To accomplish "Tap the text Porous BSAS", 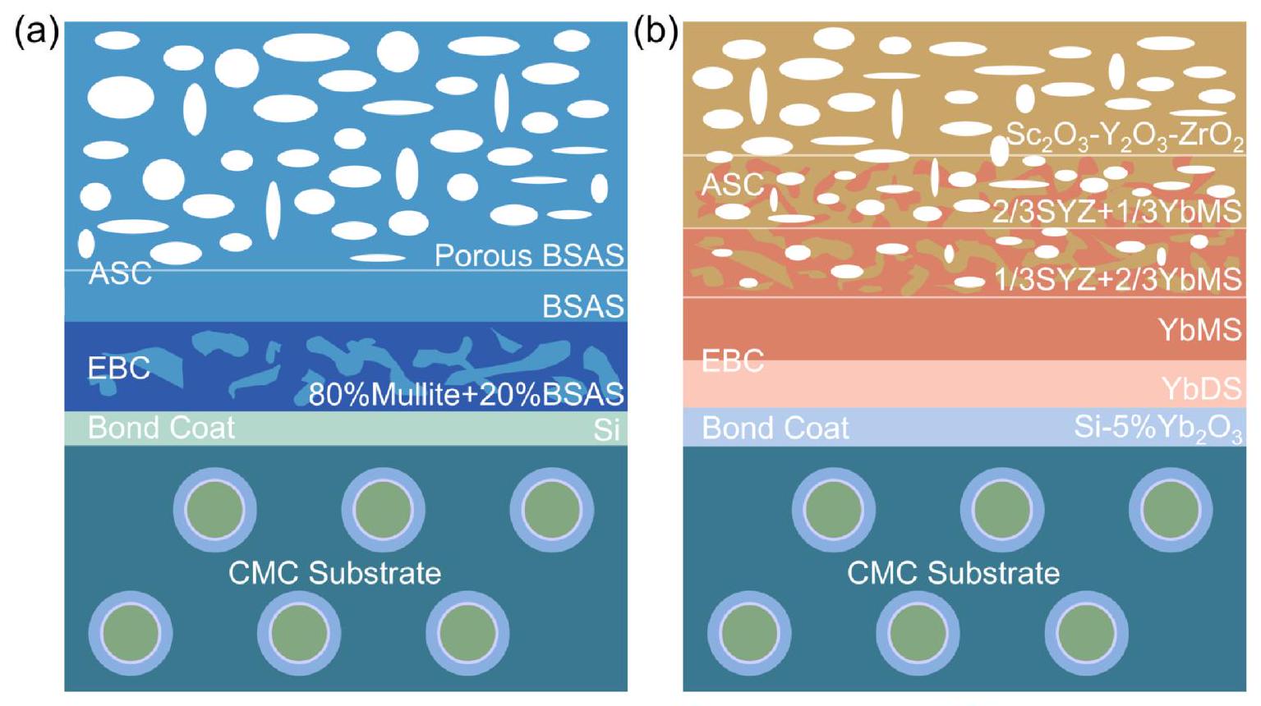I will point(529,256).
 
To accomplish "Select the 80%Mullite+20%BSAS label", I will point(466,395).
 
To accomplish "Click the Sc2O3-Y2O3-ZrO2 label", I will point(1124,135).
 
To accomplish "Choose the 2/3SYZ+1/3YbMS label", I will point(1116,212).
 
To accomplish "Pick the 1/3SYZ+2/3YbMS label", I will point(1117,280).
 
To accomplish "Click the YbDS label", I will point(1201,388).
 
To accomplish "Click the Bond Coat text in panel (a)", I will point(161,428).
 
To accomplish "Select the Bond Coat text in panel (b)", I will point(775,428).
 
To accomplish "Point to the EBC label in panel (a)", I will point(119,368).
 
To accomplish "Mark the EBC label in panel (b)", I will point(733,360).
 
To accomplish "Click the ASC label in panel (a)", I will point(120,273).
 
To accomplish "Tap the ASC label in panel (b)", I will point(732,185).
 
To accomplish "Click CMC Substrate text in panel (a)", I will point(334,573).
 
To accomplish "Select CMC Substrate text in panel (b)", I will point(953,573).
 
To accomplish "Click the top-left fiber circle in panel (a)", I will point(214,510).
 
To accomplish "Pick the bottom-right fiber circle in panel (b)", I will point(1086,634).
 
